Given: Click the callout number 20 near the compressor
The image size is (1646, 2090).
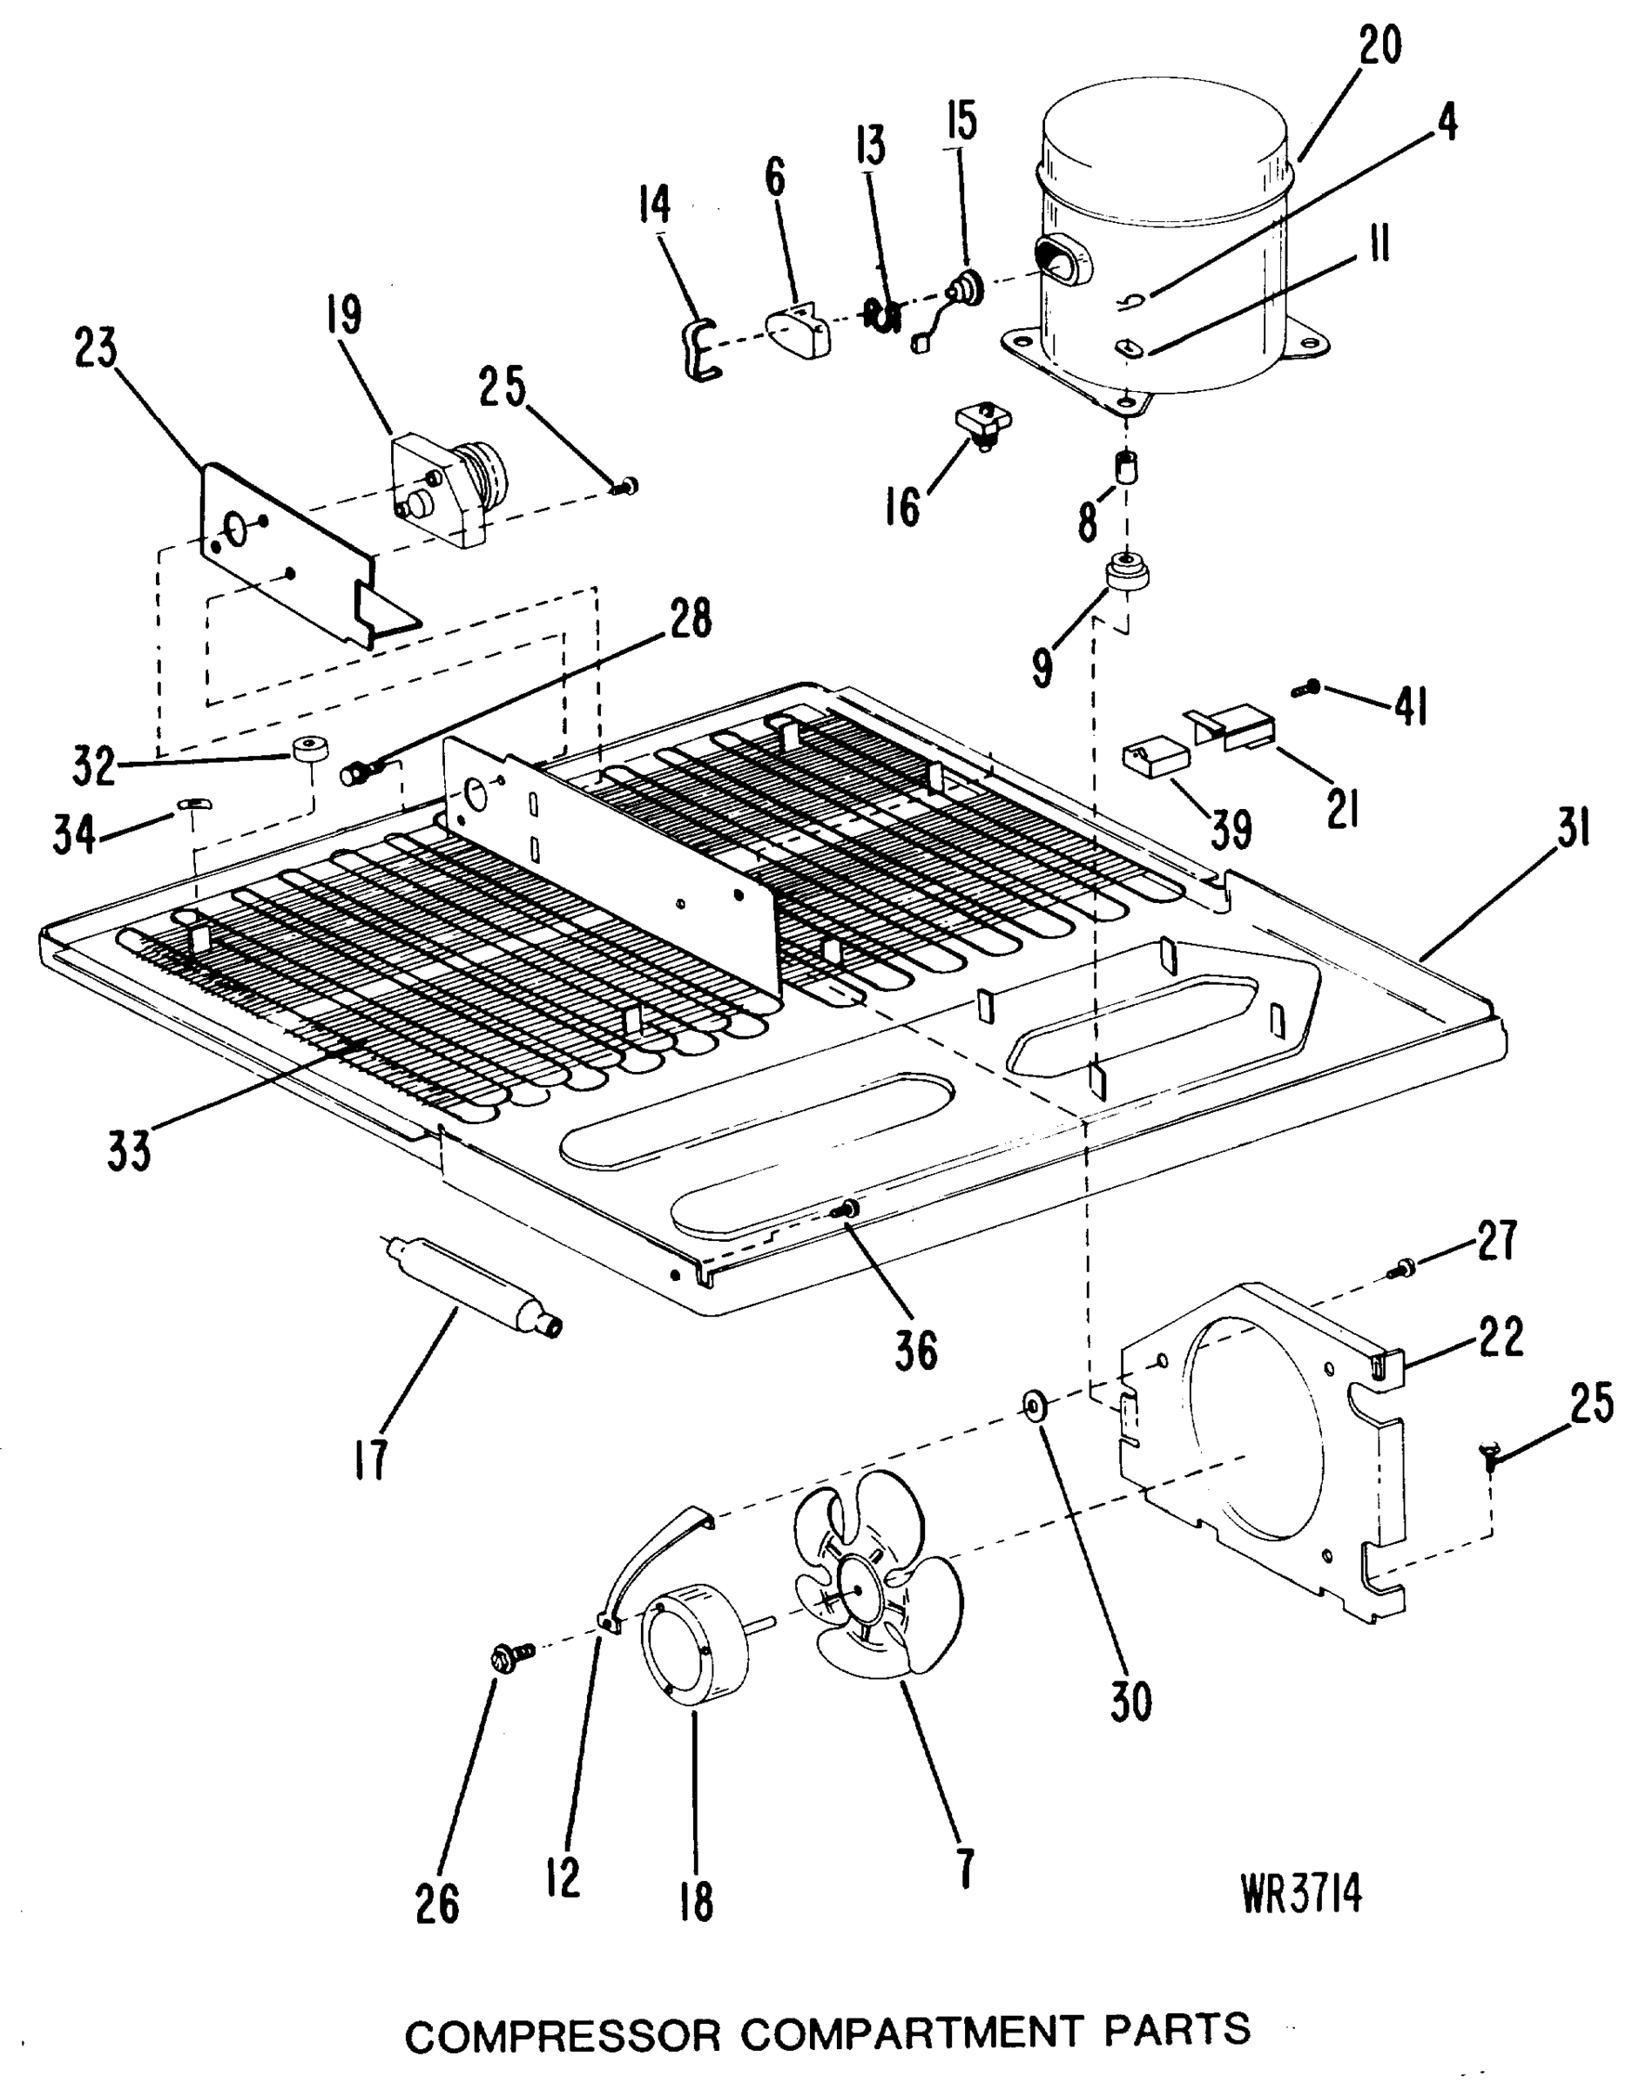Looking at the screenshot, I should [1380, 45].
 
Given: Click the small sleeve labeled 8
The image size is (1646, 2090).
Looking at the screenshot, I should [1125, 470].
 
